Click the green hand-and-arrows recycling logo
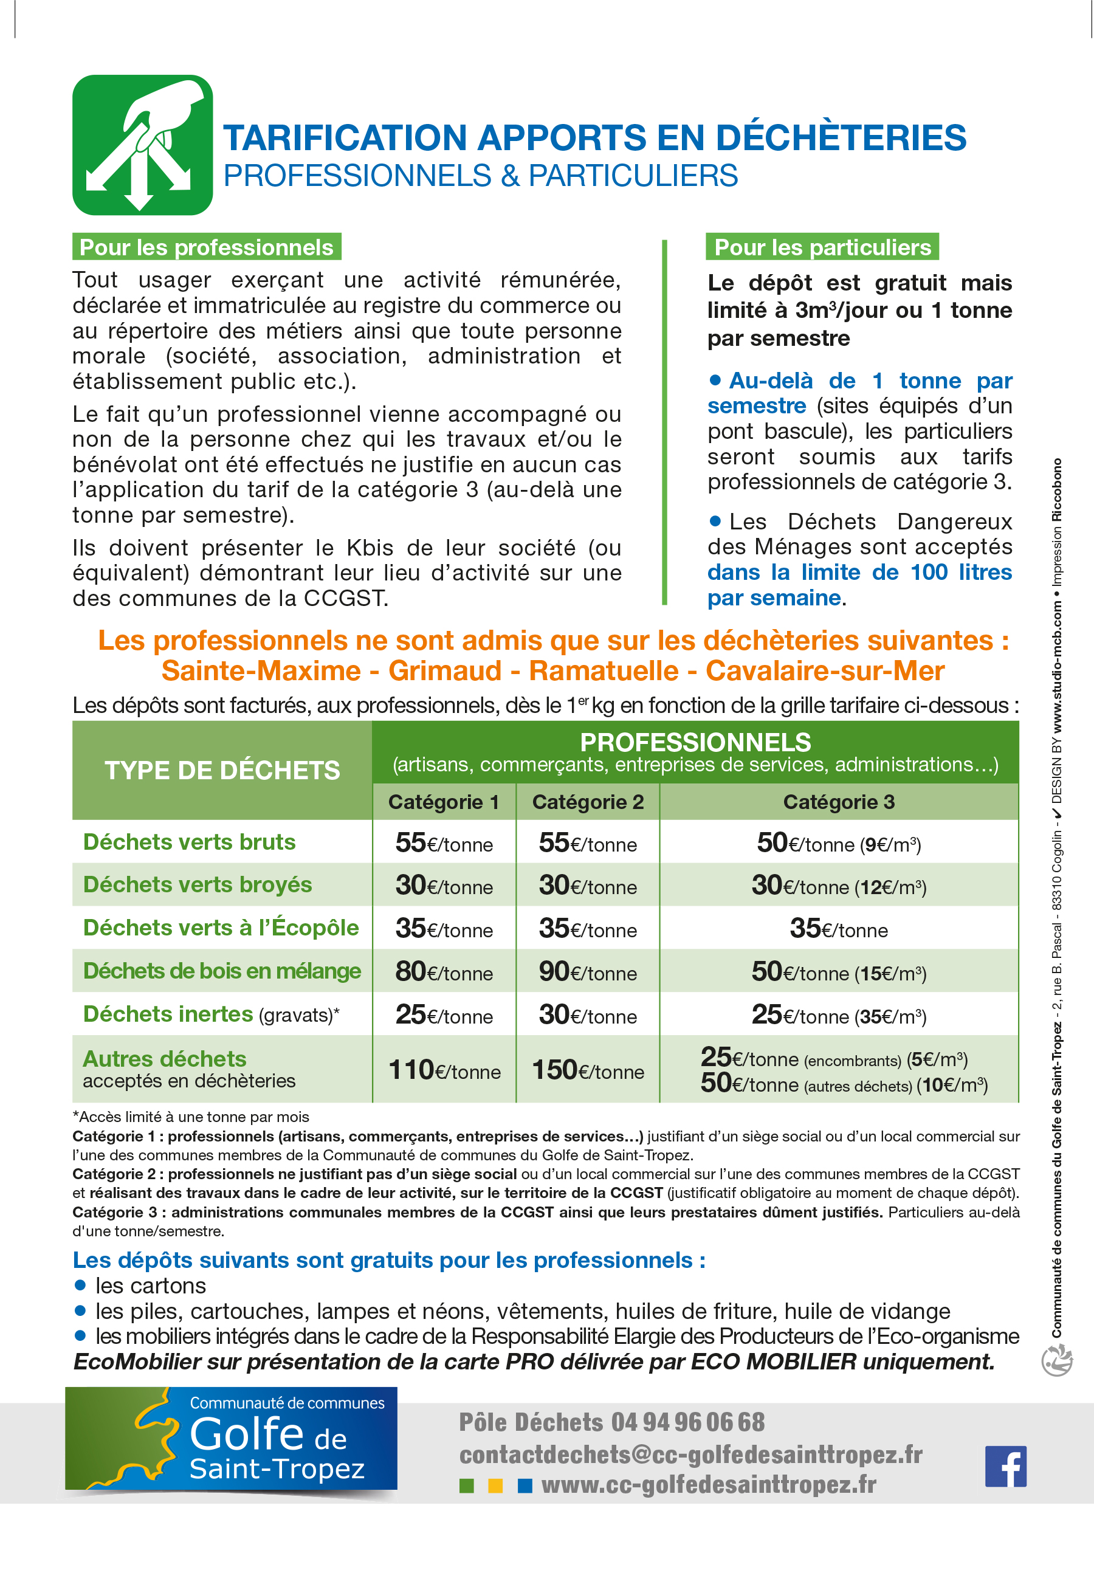tap(142, 145)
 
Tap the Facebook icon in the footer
tap(1005, 1466)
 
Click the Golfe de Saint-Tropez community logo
tap(231, 1439)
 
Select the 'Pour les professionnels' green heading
tap(207, 247)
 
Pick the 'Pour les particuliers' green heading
tap(822, 247)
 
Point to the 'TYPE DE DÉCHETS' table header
tap(222, 770)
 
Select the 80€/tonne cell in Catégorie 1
tap(444, 972)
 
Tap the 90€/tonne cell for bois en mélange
tap(588, 972)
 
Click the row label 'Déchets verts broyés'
tap(198, 885)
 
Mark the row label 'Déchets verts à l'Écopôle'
tap(221, 928)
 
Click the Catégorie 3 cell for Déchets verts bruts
tap(839, 843)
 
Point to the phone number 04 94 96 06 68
tap(688, 1422)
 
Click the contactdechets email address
tap(690, 1455)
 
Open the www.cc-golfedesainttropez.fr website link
tap(709, 1484)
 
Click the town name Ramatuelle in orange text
tap(604, 671)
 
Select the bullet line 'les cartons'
tap(151, 1286)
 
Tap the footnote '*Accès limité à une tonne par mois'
tap(191, 1117)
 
